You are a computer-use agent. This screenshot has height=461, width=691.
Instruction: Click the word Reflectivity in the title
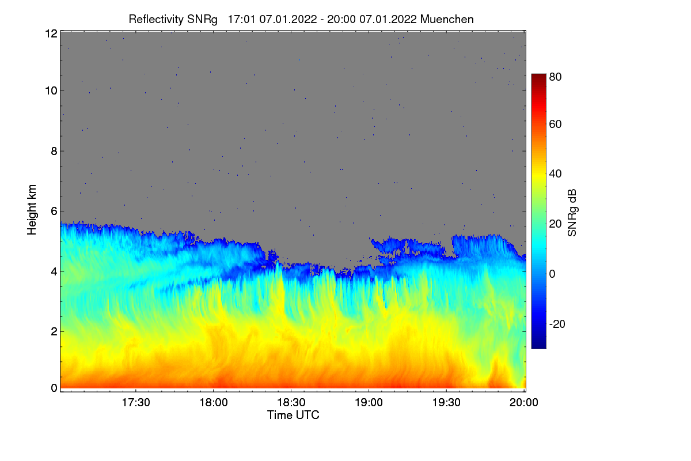pyautogui.click(x=156, y=20)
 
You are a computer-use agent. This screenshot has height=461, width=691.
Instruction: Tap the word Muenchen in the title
pyautogui.click(x=447, y=20)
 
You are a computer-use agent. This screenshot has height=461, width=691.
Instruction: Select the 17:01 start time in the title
pyautogui.click(x=241, y=20)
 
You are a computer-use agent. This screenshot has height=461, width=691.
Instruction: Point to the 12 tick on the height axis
pyautogui.click(x=51, y=33)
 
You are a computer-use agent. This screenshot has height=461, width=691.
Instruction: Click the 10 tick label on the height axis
pyautogui.click(x=51, y=91)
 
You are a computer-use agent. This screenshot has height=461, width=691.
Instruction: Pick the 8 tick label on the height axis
pyautogui.click(x=54, y=151)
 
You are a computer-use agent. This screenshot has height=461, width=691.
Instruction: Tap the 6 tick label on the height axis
pyautogui.click(x=54, y=211)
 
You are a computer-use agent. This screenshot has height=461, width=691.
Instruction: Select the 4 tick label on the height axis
pyautogui.click(x=54, y=272)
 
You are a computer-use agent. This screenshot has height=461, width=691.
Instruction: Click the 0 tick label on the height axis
pyautogui.click(x=54, y=388)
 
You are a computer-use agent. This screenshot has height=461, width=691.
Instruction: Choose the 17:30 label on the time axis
pyautogui.click(x=136, y=403)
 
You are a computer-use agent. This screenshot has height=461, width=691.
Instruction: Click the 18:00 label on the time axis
pyautogui.click(x=214, y=403)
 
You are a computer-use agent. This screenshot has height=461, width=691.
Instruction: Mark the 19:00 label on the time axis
pyautogui.click(x=369, y=403)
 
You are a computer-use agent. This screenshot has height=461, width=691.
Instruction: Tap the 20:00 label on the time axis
pyautogui.click(x=524, y=403)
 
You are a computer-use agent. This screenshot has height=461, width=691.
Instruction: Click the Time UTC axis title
pyautogui.click(x=293, y=415)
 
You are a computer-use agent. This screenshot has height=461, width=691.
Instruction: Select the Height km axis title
pyautogui.click(x=32, y=210)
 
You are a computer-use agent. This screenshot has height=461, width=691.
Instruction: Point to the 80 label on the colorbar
pyautogui.click(x=555, y=77)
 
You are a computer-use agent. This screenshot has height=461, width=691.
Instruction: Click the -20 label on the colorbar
pyautogui.click(x=557, y=324)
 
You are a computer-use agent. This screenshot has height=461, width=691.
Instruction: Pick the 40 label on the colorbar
pyautogui.click(x=555, y=174)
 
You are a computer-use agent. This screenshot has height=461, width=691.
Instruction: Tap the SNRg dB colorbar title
pyautogui.click(x=572, y=213)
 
